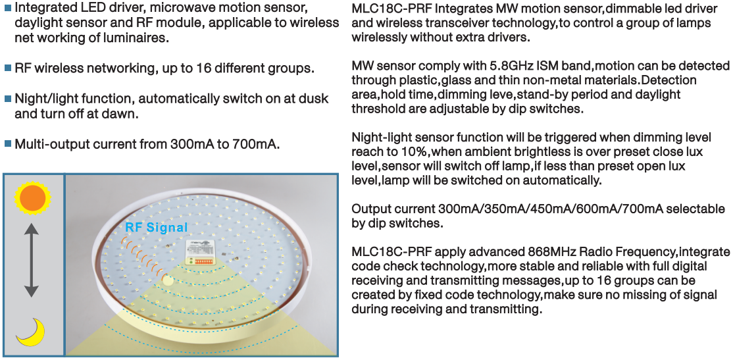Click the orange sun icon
point(32,197)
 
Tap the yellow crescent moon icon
point(32,332)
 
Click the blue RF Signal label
point(156,228)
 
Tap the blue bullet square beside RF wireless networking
point(7,68)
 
